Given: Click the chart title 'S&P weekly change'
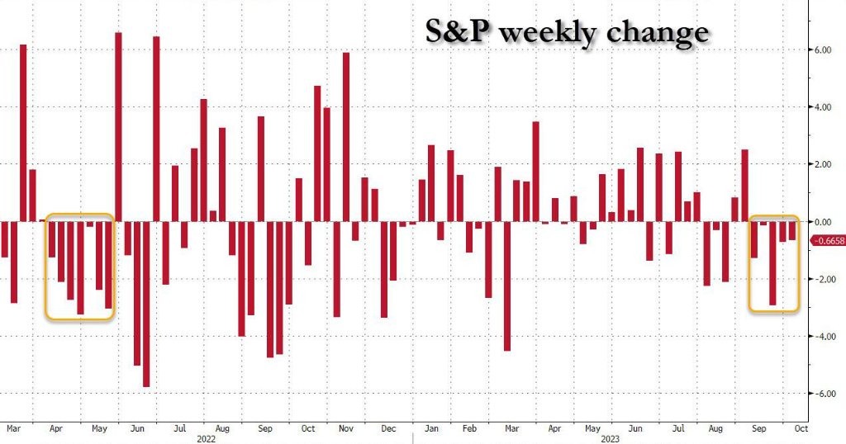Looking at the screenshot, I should click(567, 32).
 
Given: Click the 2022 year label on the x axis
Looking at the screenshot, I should click(207, 439).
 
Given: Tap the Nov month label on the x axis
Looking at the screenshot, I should click(346, 429).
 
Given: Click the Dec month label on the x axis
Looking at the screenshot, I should click(389, 429).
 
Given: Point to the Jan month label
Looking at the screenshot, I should click(431, 429).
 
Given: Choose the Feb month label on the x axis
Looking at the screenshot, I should click(470, 429).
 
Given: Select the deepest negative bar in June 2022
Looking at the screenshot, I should click(146, 304).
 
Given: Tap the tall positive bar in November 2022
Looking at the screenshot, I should click(346, 137).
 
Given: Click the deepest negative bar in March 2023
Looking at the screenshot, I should click(507, 286).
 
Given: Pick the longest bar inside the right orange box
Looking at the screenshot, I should click(772, 263).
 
